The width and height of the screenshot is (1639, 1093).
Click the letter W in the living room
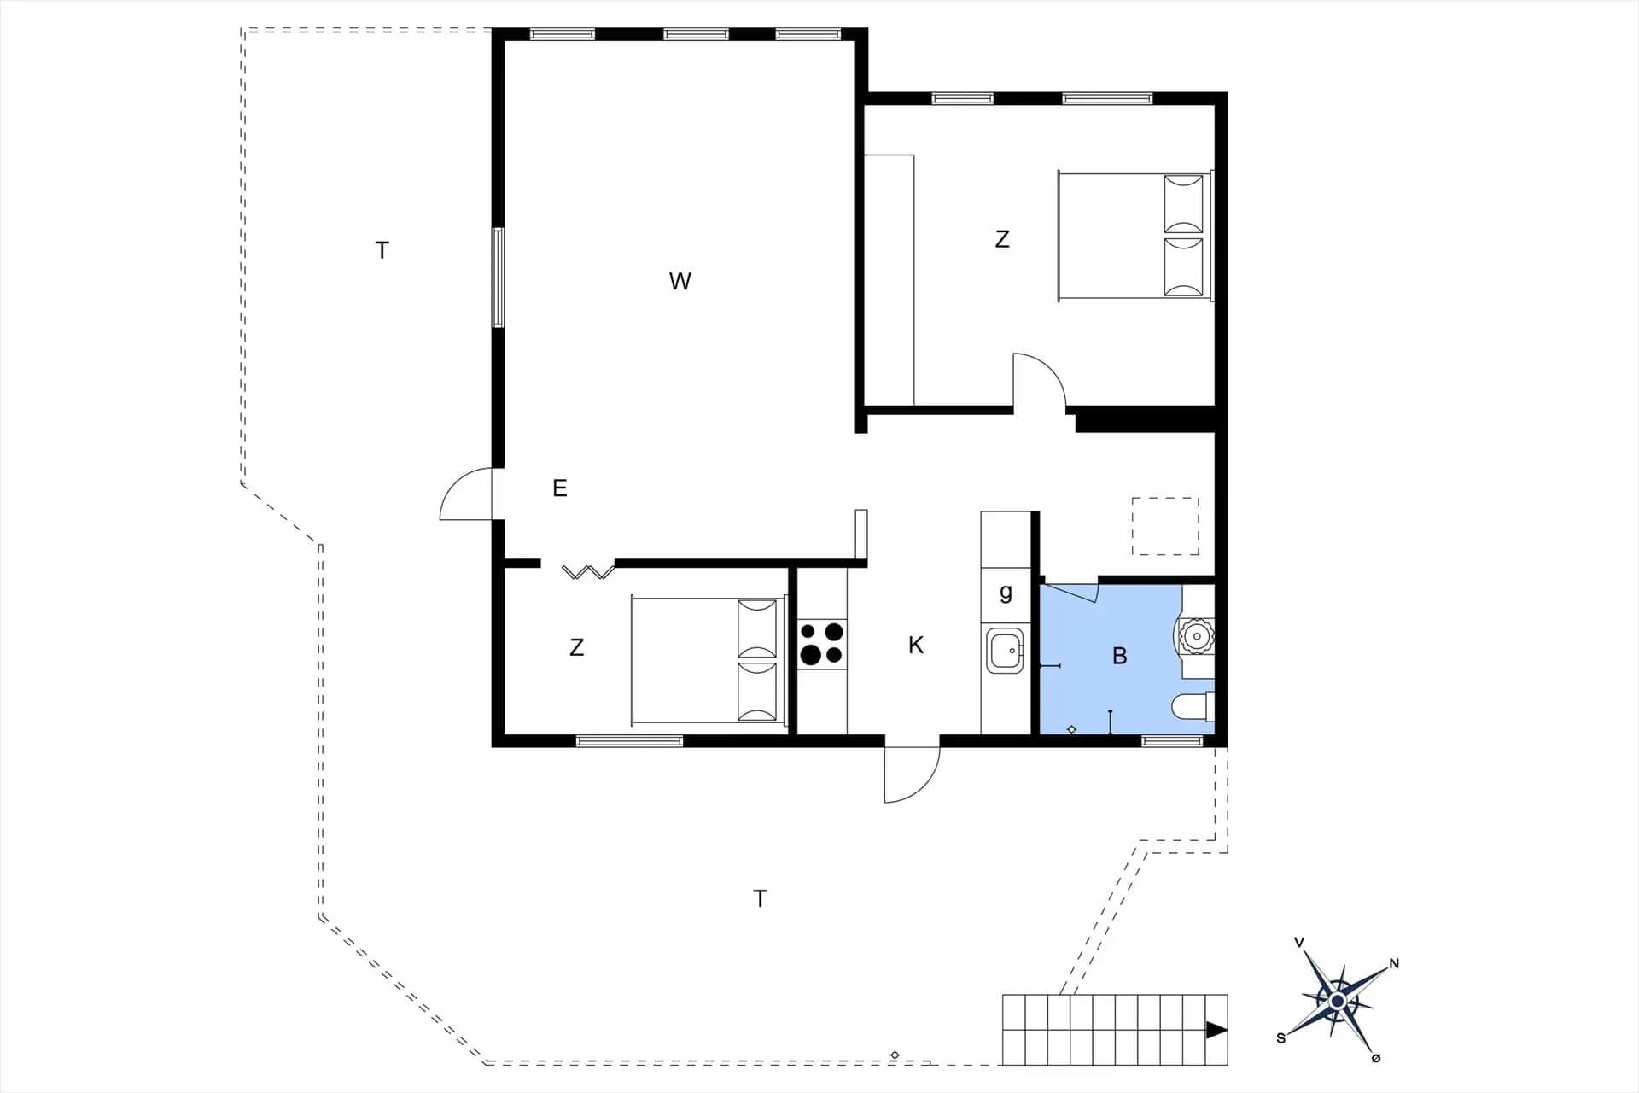[x=680, y=281]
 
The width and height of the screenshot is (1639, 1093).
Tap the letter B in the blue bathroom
[x=1120, y=656]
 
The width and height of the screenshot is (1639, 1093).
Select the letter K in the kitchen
[x=916, y=645]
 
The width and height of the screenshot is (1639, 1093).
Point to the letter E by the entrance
[x=560, y=488]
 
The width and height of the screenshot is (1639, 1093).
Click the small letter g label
[x=1006, y=592]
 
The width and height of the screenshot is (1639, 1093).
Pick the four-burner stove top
[x=821, y=644]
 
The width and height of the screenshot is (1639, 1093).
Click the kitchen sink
[x=1006, y=651]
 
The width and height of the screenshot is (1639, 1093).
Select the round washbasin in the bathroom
[x=1197, y=636]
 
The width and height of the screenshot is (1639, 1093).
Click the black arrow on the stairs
[x=1216, y=1031]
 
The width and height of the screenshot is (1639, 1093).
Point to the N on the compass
[x=1394, y=963]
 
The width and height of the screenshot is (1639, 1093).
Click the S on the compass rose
[x=1280, y=1038]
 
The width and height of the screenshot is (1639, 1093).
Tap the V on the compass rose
[x=1299, y=943]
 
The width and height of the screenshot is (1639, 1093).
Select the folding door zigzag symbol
[x=588, y=571]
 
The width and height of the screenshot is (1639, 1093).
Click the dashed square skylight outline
[x=1165, y=526]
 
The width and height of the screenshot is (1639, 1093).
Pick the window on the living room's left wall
[x=498, y=278]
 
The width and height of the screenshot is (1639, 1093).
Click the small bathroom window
[x=1172, y=740]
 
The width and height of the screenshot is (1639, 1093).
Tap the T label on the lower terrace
[x=760, y=898]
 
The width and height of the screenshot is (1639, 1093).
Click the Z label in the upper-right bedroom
[x=1002, y=239]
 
